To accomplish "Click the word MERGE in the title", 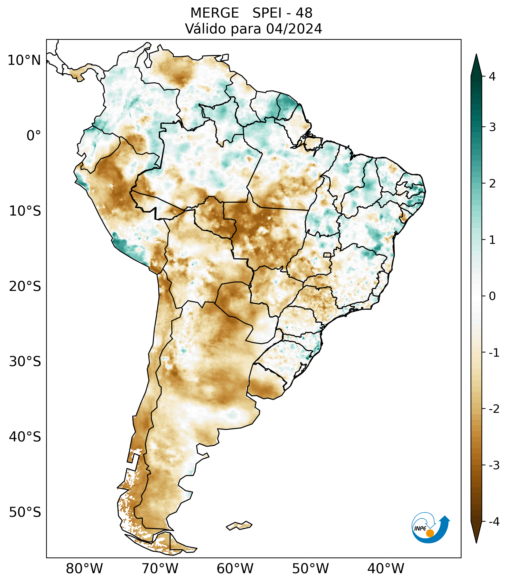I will coord(214,13).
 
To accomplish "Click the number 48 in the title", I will coord(304,13).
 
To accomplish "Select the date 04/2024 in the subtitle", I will coord(294,29).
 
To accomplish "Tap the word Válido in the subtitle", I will coord(205,29).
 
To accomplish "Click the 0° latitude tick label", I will coord(34,136).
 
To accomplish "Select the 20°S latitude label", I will coord(25,286).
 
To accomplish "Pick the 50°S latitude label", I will coord(25,513).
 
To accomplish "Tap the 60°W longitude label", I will coord(235,568).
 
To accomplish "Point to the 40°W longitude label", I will coord(386,568).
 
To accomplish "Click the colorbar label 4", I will coord(492,77).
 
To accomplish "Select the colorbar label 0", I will coord(492,296).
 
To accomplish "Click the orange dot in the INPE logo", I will coord(430,533).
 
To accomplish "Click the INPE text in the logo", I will coord(420,528).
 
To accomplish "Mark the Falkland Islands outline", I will coord(239,525).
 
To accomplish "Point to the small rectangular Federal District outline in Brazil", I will coord(327,255).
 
